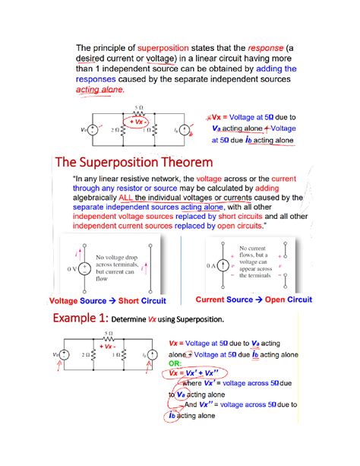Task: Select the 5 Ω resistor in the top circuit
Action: click(137, 112)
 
